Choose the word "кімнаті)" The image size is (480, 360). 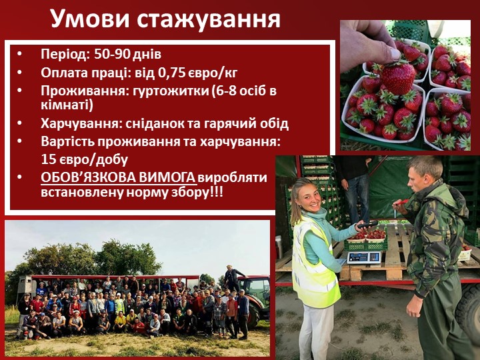pos(67,105)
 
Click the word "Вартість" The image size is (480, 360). pos(67,141)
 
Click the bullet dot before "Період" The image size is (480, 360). pos(20,54)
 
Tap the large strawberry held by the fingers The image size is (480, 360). pos(397,77)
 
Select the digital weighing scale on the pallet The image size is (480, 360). pos(364,257)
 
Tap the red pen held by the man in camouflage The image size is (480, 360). pos(402,203)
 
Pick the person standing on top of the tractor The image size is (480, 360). pos(233,278)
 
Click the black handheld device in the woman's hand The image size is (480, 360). pos(367,225)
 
